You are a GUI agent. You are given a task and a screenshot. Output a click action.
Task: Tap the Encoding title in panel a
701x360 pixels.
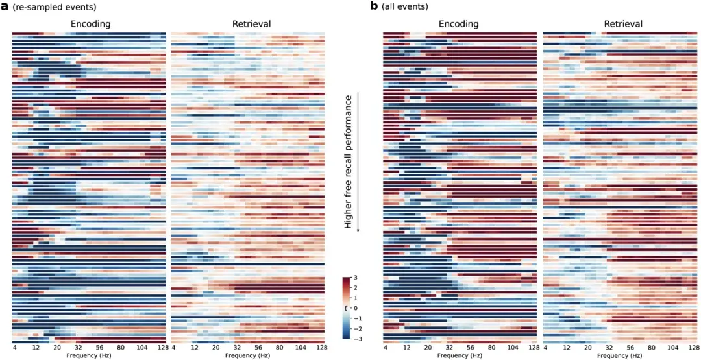pos(90,24)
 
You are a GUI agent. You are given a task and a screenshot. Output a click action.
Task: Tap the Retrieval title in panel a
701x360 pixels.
pos(251,24)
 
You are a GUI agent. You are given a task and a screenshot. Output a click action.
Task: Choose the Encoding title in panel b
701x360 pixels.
pos(458,24)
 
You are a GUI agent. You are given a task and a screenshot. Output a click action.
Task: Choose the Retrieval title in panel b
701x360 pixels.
pos(622,24)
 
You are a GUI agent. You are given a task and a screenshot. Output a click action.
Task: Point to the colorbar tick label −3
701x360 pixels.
pos(356,339)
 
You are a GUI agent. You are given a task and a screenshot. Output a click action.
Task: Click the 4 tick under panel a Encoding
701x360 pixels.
pos(14,348)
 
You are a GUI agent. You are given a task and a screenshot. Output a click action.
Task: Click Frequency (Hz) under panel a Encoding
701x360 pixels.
pos(90,355)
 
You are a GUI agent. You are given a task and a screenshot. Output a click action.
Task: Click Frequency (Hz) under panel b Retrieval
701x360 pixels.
pos(622,355)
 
